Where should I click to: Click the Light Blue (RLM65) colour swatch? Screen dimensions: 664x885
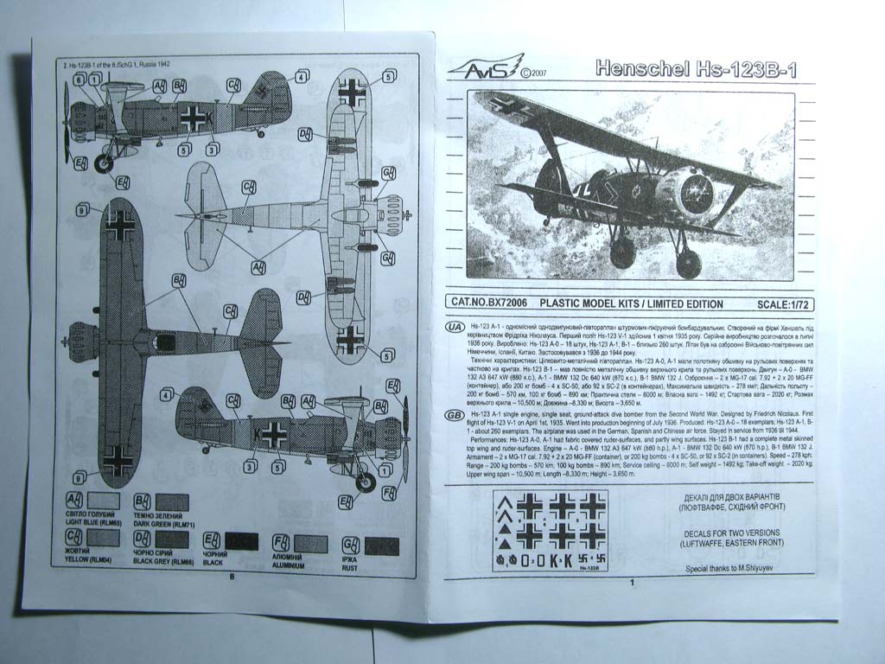pos(105,501)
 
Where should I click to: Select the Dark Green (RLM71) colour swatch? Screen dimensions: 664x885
pos(172,502)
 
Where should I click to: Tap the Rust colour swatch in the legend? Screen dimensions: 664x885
pos(381,546)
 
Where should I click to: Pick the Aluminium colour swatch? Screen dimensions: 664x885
pos(311,544)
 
